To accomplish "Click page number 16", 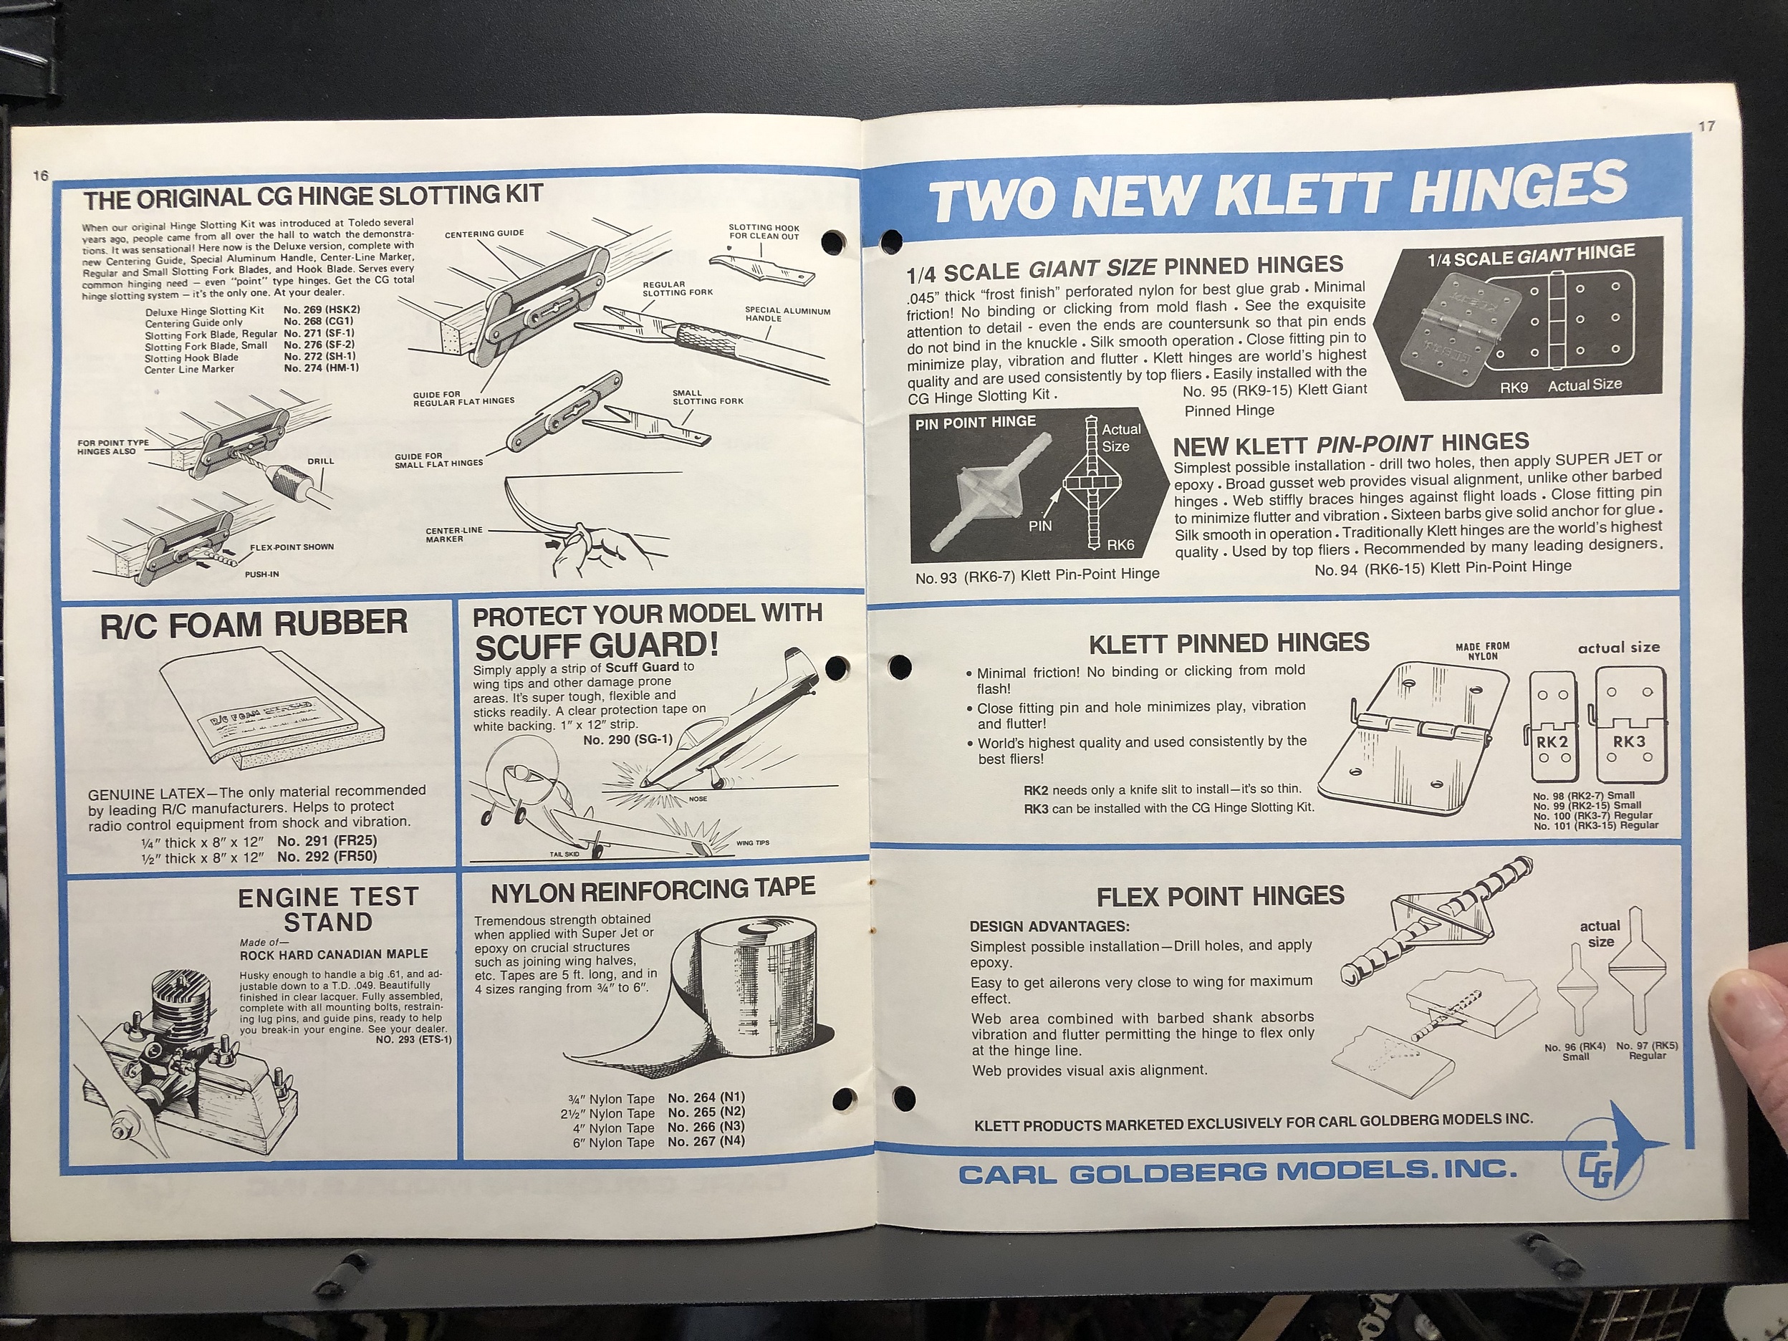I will tap(40, 176).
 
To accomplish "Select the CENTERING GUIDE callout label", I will tap(484, 234).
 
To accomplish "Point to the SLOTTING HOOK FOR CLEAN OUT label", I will tap(763, 231).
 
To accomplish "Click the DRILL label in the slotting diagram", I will tap(320, 461).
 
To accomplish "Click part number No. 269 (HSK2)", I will tap(321, 309).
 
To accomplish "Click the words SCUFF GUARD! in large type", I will tap(597, 647).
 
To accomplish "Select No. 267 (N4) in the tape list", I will tap(706, 1140).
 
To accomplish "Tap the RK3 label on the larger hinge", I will tap(1629, 741).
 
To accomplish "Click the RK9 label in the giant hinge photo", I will tap(1513, 387).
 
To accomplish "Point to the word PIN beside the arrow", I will tap(1039, 525).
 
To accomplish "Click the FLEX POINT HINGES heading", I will tap(1220, 896).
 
